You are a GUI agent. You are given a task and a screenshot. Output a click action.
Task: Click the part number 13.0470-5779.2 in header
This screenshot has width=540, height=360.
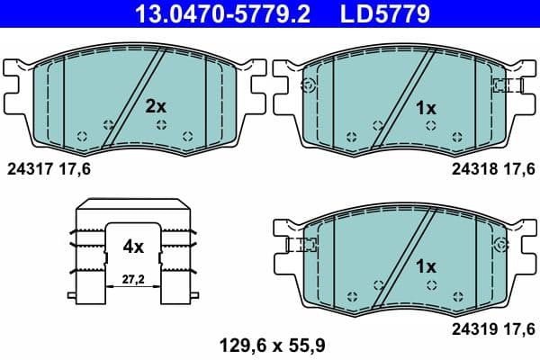coord(209,13)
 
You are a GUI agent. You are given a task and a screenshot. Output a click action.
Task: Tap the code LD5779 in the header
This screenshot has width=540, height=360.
coord(383,13)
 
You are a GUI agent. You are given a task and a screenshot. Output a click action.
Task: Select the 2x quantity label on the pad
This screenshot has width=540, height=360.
coord(156,106)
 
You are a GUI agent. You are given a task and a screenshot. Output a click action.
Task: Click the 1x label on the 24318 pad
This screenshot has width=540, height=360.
coord(425,108)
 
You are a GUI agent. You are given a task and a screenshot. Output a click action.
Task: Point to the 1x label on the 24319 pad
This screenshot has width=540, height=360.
coord(425,267)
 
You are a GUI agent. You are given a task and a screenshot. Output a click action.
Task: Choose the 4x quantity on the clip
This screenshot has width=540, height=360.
coord(133,244)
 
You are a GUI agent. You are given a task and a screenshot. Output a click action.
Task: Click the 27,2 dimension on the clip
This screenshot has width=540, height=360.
coord(133,281)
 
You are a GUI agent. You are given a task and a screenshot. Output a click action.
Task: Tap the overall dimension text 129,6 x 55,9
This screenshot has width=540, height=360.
coord(268,342)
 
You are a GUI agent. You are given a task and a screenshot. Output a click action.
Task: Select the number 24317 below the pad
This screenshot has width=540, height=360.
coord(30,167)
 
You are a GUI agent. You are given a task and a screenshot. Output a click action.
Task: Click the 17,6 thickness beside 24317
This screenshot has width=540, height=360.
coord(76,167)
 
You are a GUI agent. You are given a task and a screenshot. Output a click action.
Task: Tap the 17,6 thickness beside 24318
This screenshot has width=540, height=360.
coord(516,167)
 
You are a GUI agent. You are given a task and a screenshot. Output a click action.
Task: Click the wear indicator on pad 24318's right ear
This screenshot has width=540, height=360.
coord(506,85)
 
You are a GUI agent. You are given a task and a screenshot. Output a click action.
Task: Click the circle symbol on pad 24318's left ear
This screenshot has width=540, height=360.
coord(309,85)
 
